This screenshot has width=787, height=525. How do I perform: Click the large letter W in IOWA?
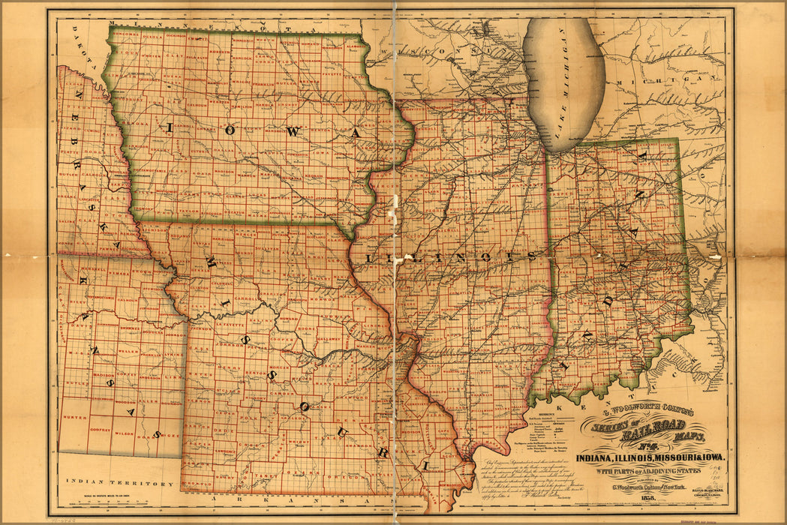tap(293, 131)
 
